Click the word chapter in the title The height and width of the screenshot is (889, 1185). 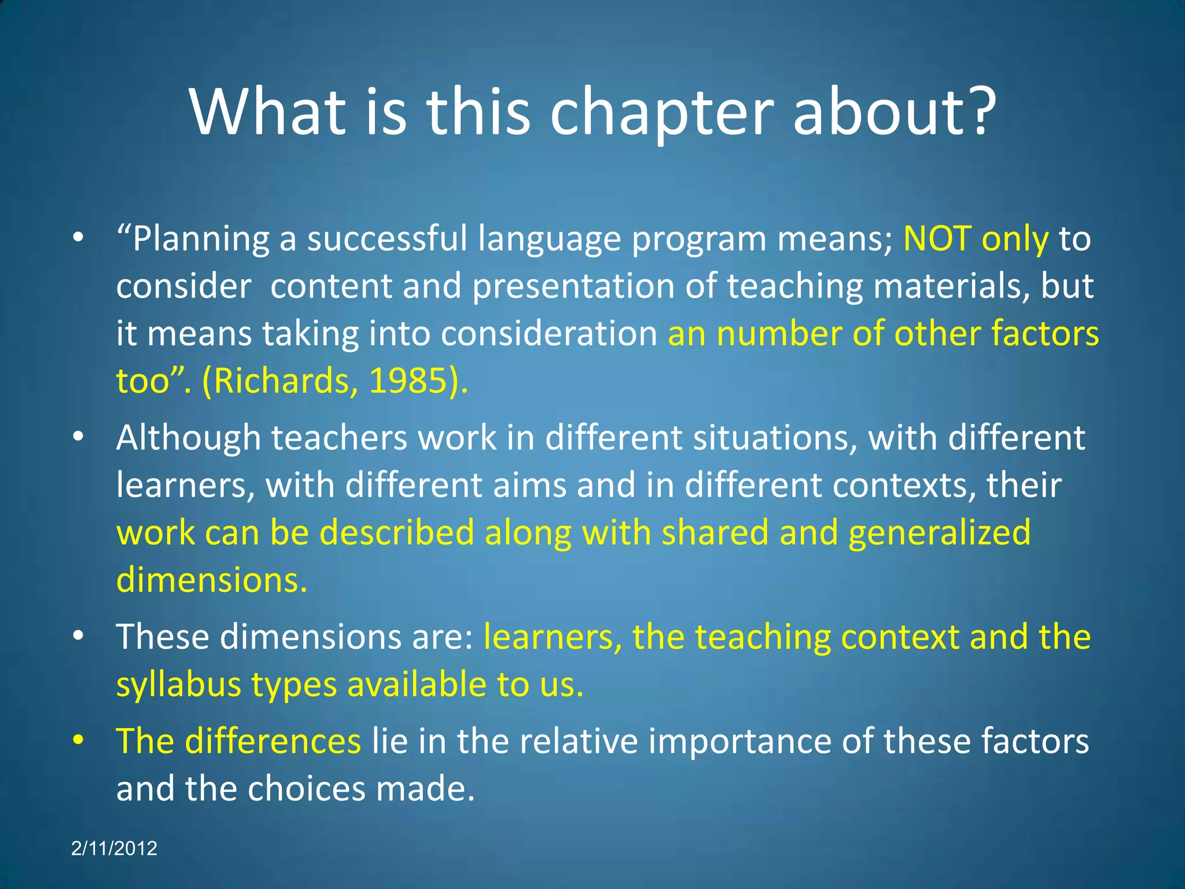tap(661, 113)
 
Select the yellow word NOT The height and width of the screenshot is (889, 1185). tap(937, 239)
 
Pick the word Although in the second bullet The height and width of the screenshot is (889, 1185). tap(189, 438)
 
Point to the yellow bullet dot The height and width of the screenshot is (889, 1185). tap(79, 740)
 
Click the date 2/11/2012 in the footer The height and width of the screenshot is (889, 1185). tap(114, 848)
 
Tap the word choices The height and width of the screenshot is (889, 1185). tap(307, 789)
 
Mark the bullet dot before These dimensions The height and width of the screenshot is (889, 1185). tap(79, 636)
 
